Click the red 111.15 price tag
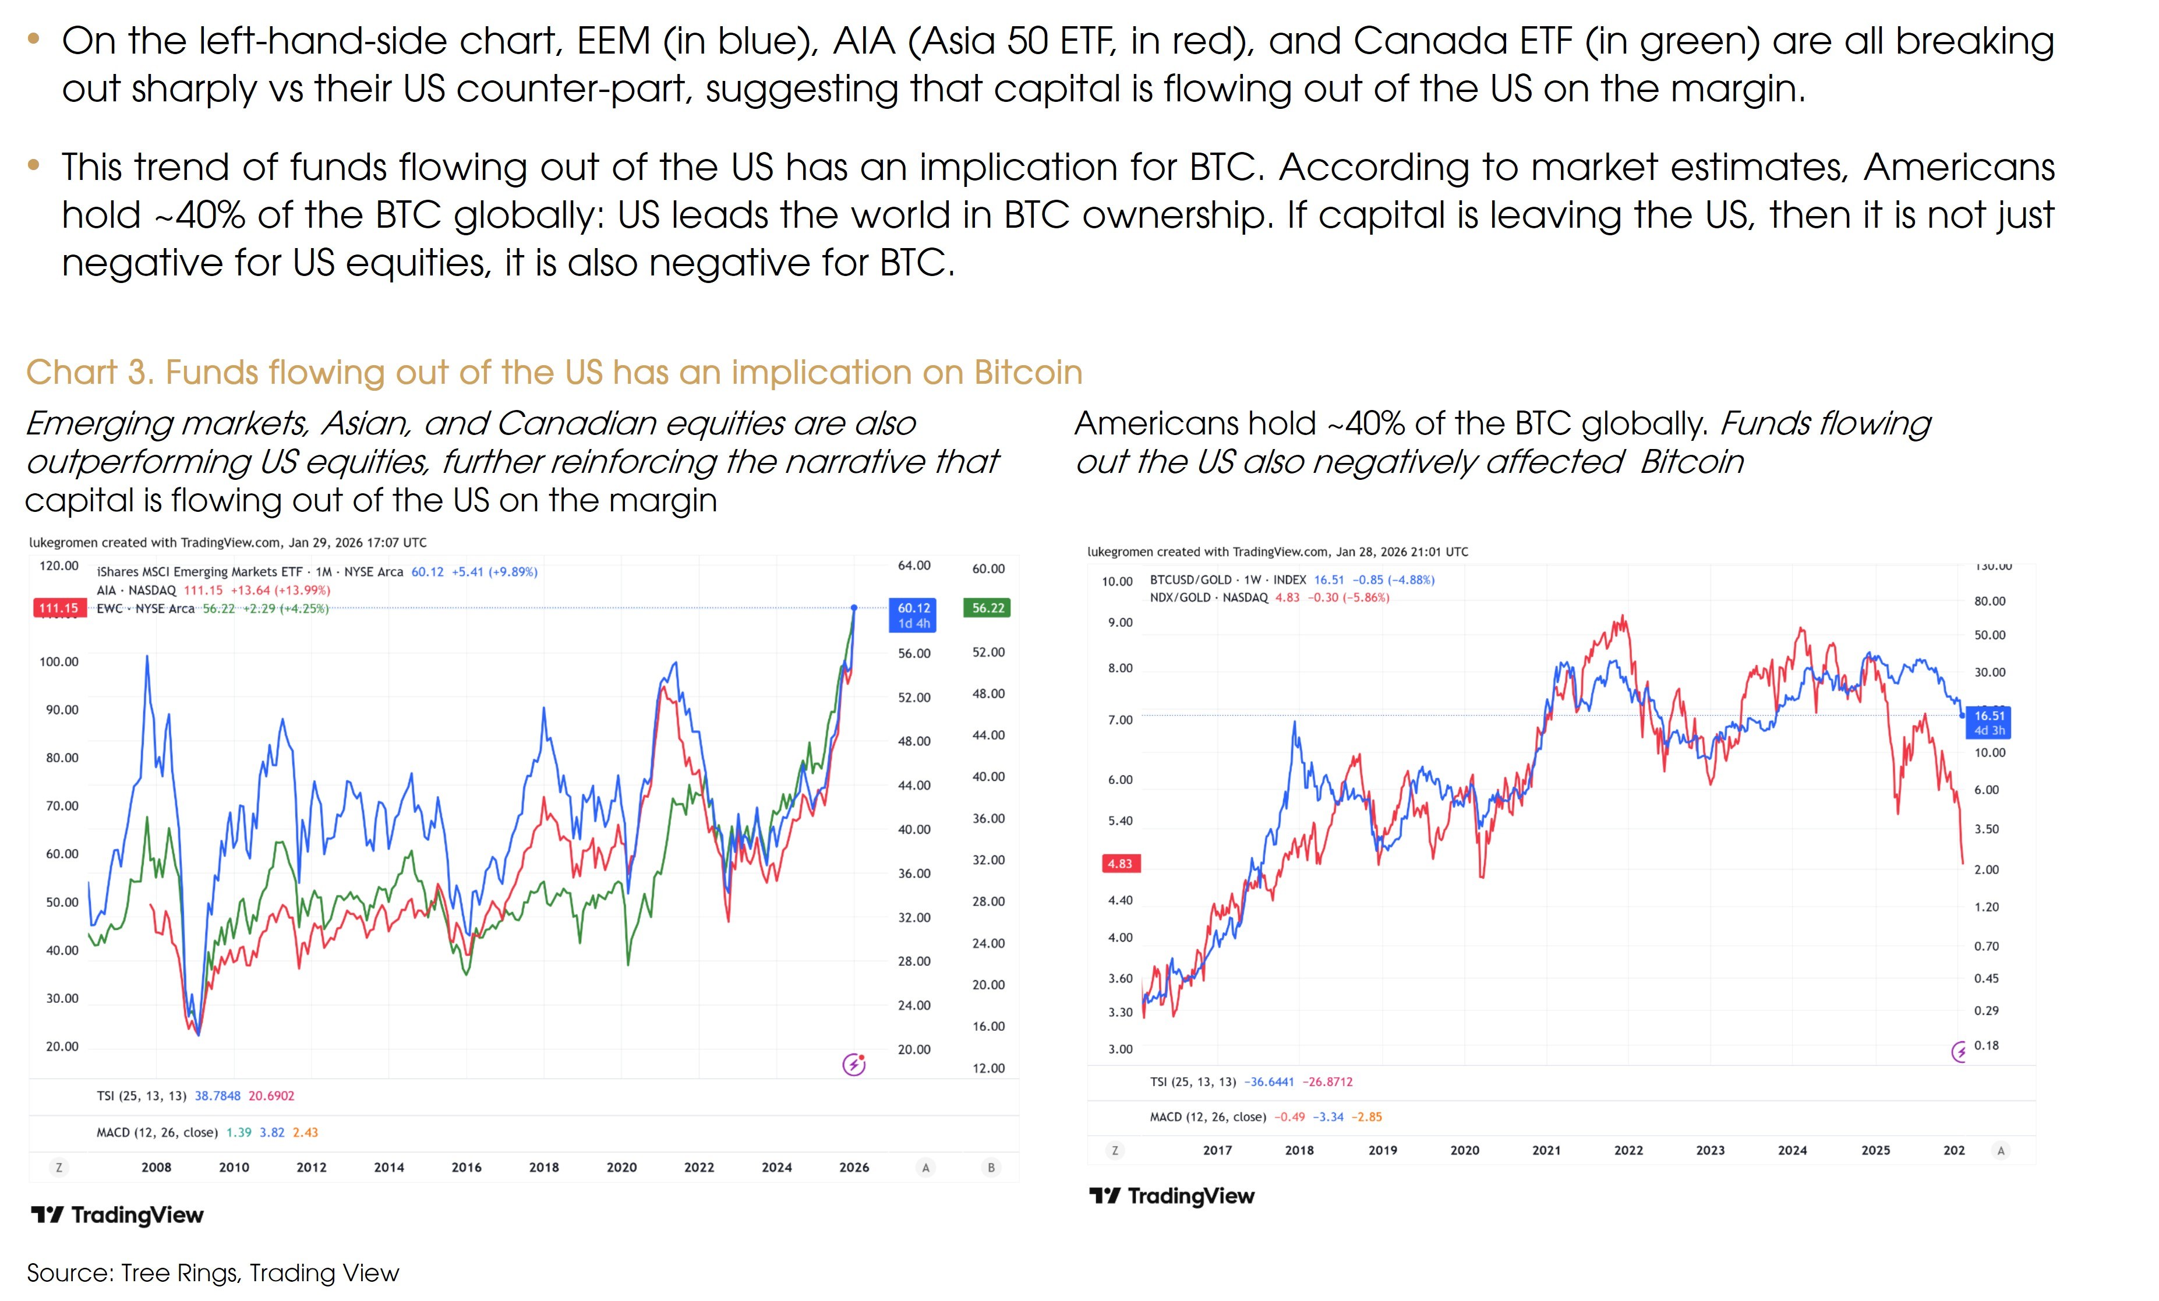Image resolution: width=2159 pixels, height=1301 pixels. pyautogui.click(x=59, y=608)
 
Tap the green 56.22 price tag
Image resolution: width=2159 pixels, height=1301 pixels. pyautogui.click(x=988, y=608)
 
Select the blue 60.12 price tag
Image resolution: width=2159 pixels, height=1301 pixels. pyautogui.click(x=913, y=615)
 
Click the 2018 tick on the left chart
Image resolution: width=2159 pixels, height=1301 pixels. pyautogui.click(x=543, y=1167)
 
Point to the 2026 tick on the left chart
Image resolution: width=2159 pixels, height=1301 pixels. pyautogui.click(x=853, y=1167)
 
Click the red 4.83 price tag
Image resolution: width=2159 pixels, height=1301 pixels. pyautogui.click(x=1120, y=864)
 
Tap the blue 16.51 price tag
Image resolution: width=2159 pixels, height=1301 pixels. pyautogui.click(x=1989, y=723)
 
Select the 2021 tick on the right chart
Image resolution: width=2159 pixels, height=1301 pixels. pyautogui.click(x=1546, y=1150)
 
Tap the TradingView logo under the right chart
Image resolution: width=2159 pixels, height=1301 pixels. pyautogui.click(x=1171, y=1196)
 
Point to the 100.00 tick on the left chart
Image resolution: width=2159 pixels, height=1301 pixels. pyautogui.click(x=59, y=662)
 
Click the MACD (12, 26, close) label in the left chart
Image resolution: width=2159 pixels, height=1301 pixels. pyautogui.click(x=157, y=1132)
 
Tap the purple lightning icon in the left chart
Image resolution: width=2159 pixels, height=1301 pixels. pyautogui.click(x=853, y=1065)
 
